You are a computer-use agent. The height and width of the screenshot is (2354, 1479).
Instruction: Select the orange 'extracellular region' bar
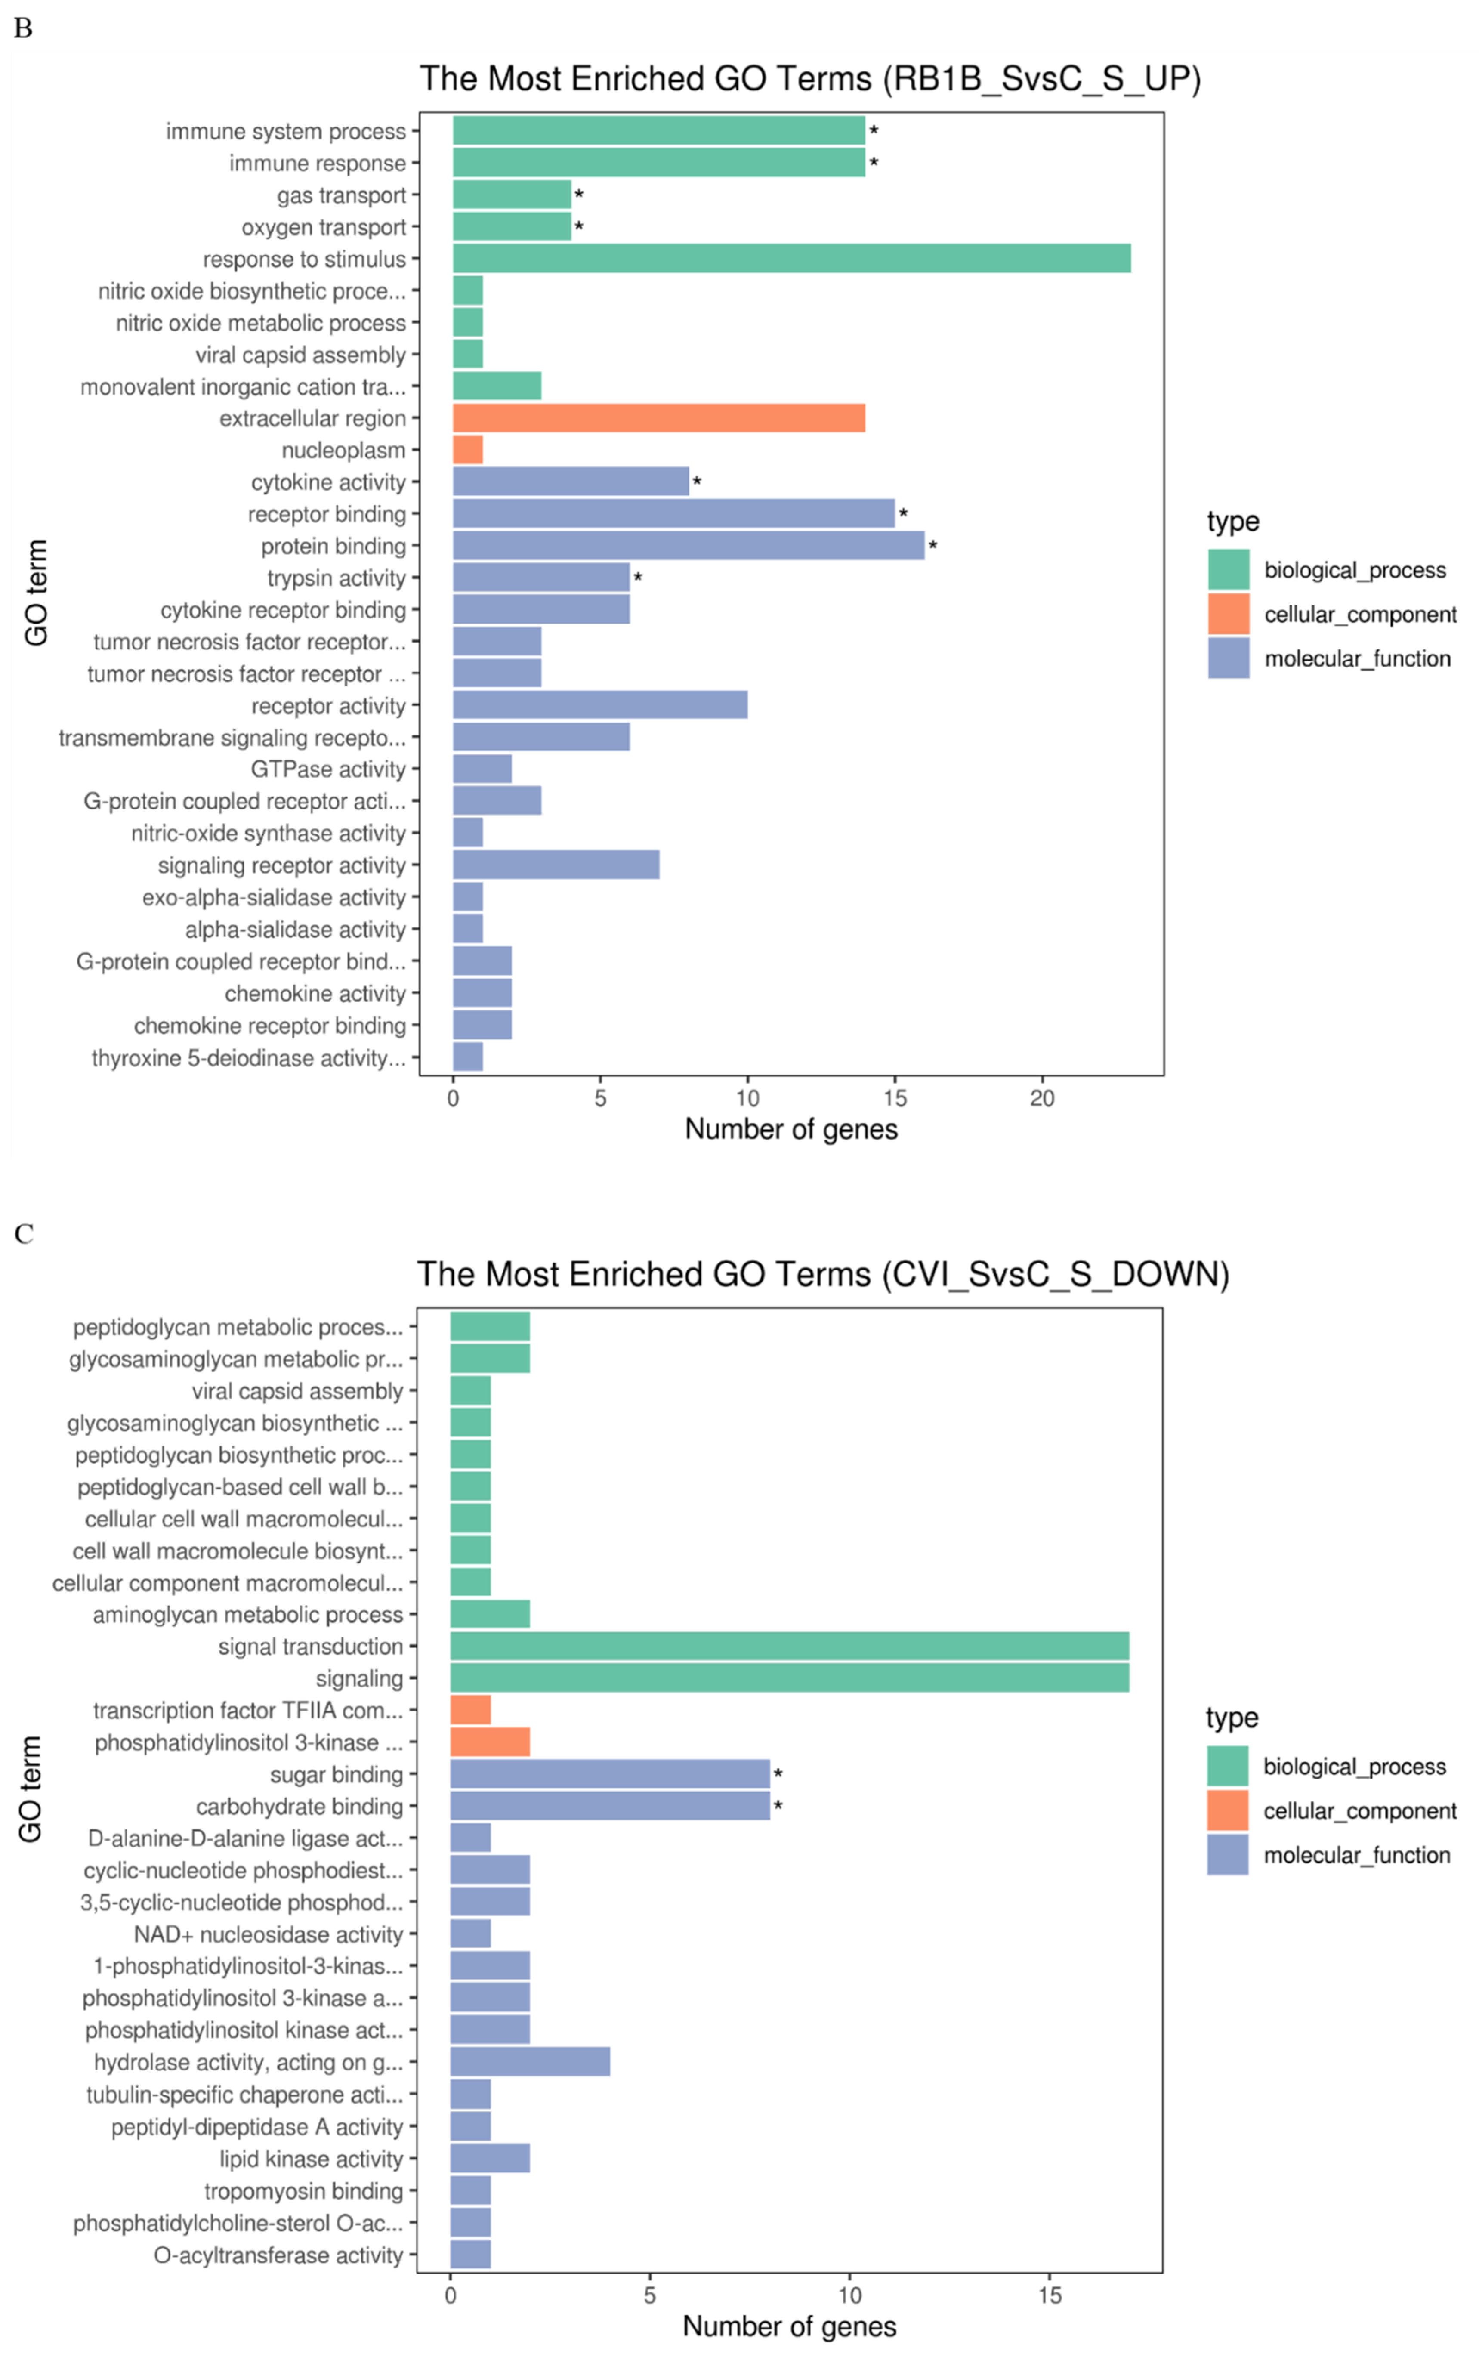(658, 418)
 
